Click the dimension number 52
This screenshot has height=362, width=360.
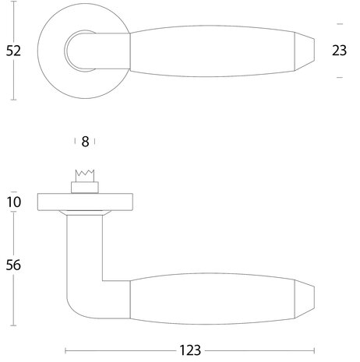click(x=12, y=51)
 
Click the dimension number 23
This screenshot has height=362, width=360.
click(x=339, y=51)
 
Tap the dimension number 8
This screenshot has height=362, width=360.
click(x=85, y=142)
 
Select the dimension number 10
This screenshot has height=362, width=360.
click(x=13, y=202)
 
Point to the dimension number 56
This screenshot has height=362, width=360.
click(x=13, y=265)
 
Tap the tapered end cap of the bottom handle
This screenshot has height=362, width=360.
click(x=306, y=297)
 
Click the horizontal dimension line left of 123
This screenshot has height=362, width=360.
click(x=117, y=350)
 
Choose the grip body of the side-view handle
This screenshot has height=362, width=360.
click(x=210, y=297)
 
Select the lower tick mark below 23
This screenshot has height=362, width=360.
click(x=339, y=78)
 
